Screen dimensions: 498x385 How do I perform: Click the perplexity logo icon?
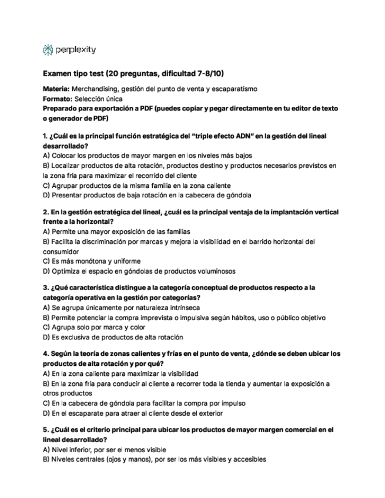48,51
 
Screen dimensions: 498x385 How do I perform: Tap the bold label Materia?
56,89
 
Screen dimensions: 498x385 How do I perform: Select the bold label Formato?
57,99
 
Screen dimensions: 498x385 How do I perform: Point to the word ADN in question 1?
240,136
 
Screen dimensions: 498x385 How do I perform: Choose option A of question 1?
147,156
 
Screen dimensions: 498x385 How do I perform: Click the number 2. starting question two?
46,212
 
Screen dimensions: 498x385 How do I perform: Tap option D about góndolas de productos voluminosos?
139,271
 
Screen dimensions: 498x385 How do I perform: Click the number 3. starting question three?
46,288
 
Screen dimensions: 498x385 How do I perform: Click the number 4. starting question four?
46,354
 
